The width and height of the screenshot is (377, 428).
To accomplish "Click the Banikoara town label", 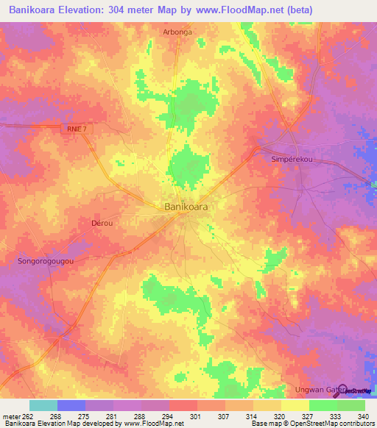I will coord(185,207).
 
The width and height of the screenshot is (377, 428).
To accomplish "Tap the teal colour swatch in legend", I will coord(43,405).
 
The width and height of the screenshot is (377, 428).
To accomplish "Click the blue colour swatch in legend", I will coord(71,405).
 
